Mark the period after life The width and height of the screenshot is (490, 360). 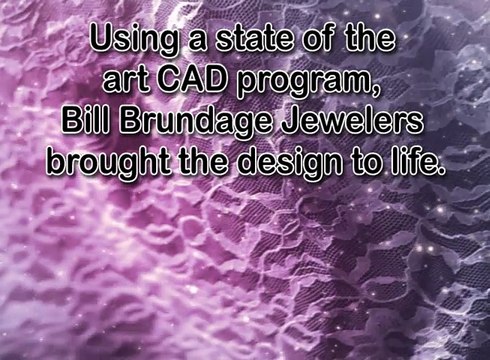440,171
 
